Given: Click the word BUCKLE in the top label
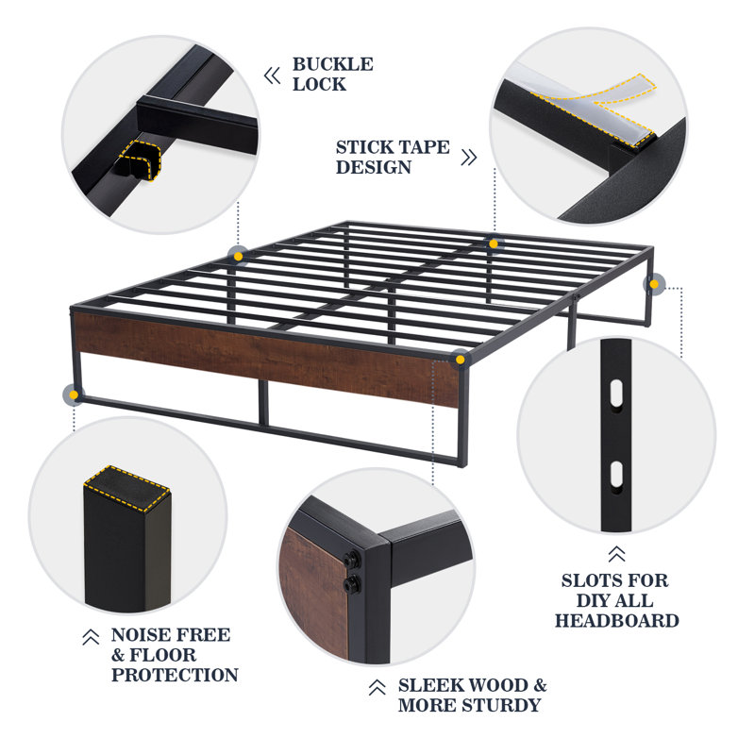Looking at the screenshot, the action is [x=333, y=64].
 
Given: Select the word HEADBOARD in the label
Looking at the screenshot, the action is [x=617, y=621].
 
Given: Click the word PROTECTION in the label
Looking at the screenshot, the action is [x=175, y=675].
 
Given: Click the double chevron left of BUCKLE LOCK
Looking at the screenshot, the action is [x=272, y=75].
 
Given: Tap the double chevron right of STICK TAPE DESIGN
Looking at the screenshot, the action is [x=469, y=157].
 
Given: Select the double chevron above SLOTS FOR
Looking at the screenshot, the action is [x=616, y=554].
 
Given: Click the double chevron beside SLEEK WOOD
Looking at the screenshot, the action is [x=377, y=687].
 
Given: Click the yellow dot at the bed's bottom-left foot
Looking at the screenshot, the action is [x=74, y=394].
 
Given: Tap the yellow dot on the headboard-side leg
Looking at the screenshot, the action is [x=654, y=285].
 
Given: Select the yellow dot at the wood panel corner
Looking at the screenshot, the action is [x=461, y=360].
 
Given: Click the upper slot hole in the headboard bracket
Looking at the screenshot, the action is [x=616, y=393].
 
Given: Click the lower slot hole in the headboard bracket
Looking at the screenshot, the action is [x=616, y=476].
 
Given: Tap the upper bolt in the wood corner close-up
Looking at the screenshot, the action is [x=352, y=560].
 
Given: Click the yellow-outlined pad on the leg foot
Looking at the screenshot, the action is [x=127, y=489].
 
